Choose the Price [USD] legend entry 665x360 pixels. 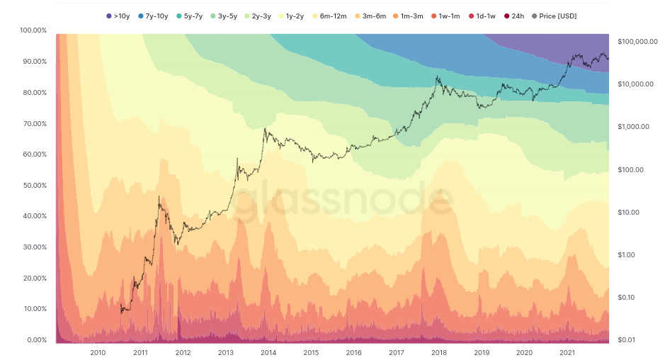[554, 16]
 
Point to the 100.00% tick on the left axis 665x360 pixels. [33, 30]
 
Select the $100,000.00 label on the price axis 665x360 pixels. [637, 42]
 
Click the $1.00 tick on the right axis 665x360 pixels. [627, 255]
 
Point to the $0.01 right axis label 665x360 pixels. [627, 340]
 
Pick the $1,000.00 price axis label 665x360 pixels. [633, 127]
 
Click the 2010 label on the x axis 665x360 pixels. [98, 352]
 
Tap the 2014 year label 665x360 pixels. [268, 352]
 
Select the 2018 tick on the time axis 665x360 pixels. [439, 352]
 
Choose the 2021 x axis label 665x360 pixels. [567, 352]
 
